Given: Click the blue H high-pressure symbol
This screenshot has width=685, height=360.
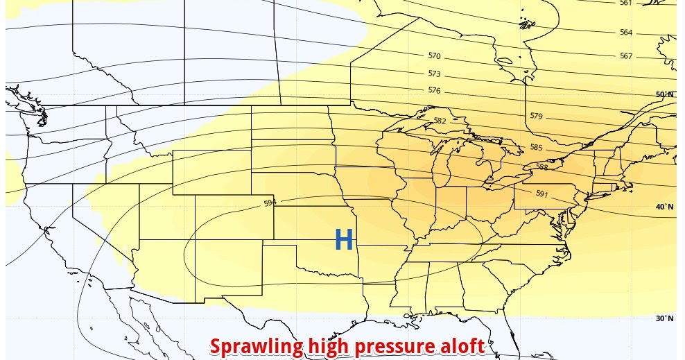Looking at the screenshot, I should (344, 240).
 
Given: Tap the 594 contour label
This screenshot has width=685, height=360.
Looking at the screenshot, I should (270, 203).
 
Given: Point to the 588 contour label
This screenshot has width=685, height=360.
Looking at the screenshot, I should (542, 166).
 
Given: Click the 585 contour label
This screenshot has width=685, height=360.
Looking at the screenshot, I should (535, 147).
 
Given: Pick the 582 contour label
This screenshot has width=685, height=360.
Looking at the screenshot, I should (440, 121).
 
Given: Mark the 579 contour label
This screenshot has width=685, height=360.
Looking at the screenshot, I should (536, 116).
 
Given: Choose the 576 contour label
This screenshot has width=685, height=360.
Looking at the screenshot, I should (434, 90).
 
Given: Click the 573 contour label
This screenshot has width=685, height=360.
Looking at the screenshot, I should (434, 74).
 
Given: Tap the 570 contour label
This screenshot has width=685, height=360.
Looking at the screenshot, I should (434, 55).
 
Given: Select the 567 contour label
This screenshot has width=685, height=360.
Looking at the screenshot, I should (626, 56).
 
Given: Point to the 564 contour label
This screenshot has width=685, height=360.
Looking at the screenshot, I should (626, 33).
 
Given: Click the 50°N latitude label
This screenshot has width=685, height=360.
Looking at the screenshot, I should (664, 94).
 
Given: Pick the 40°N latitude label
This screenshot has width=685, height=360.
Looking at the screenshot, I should (664, 207).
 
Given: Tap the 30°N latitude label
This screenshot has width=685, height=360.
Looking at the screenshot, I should (664, 318).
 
